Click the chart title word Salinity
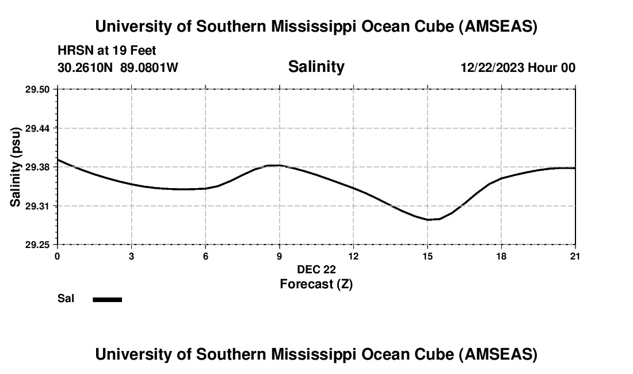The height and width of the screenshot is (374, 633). [316, 67]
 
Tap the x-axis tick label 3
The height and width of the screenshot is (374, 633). [131, 256]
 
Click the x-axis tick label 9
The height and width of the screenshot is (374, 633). [280, 256]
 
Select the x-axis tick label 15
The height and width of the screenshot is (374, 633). [428, 256]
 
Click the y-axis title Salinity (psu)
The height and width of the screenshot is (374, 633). [16, 167]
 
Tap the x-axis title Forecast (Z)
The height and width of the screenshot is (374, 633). [316, 284]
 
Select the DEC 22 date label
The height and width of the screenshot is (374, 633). [316, 269]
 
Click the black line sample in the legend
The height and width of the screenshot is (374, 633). [107, 299]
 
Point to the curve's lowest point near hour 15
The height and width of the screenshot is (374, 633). [429, 220]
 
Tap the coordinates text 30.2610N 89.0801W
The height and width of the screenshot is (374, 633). [118, 67]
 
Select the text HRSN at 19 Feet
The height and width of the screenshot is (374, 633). [107, 51]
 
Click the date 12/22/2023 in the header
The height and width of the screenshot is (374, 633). [492, 67]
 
